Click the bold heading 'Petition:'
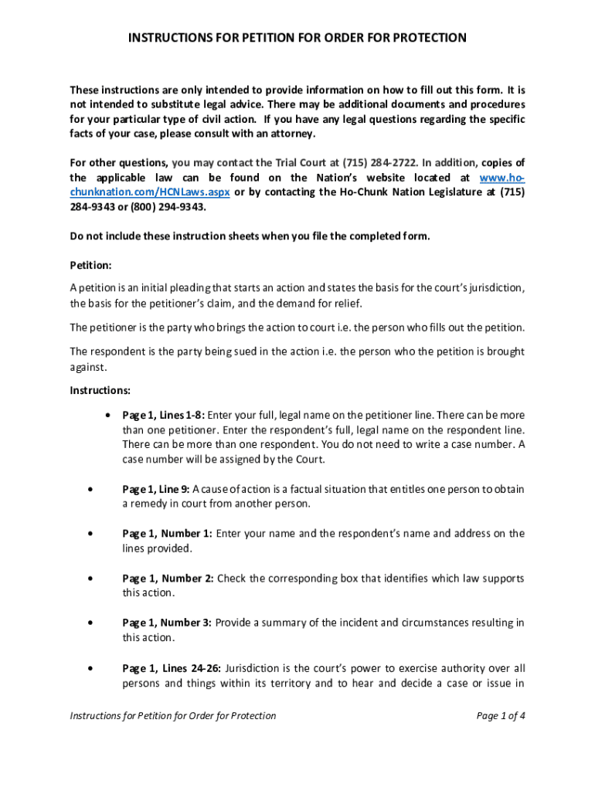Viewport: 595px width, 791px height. pos(91,265)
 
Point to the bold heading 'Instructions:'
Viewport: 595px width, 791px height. pos(100,389)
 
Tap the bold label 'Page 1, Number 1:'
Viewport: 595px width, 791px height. pos(167,534)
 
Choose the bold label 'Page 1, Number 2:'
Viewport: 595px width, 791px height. pos(168,579)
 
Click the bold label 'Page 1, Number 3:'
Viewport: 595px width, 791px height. pos(168,623)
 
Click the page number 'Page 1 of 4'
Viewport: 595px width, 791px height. pos(501,716)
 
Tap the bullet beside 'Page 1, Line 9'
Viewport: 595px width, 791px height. pos(92,489)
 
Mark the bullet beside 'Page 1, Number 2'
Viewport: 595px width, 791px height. pos(92,579)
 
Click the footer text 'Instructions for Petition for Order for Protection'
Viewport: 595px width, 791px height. pos(173,716)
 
